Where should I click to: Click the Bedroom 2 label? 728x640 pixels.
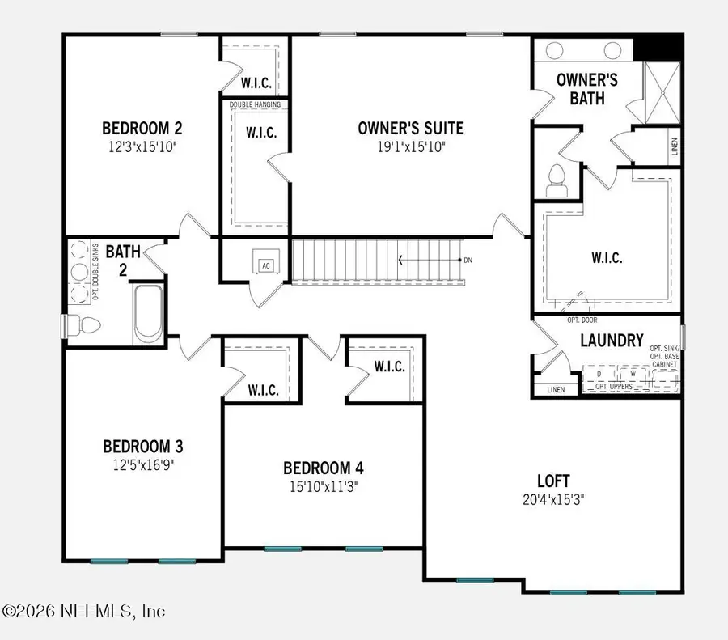click(142, 128)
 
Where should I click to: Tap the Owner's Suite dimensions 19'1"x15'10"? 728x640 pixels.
click(411, 146)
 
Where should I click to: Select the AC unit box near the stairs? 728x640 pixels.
click(265, 265)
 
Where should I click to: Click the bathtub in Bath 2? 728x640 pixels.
click(147, 313)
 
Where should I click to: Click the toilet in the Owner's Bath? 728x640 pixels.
click(556, 180)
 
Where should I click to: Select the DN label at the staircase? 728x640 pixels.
click(467, 261)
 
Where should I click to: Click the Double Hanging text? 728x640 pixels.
click(255, 105)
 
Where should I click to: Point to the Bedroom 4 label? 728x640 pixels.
click(323, 468)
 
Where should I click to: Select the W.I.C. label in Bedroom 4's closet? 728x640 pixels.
click(389, 367)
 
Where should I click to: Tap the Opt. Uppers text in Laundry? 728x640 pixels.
click(613, 388)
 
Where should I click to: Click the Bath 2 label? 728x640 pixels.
click(122, 260)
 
